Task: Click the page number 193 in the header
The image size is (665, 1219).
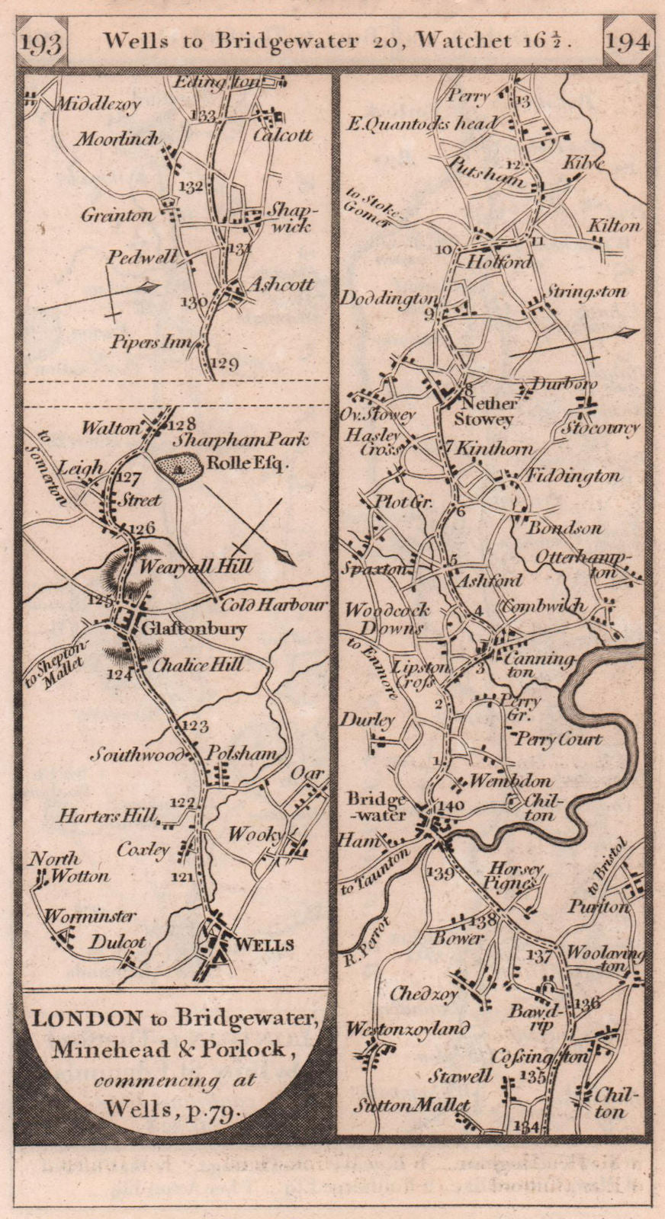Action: click(42, 43)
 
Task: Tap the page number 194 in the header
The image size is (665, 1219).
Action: click(627, 42)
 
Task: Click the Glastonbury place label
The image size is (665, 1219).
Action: click(193, 629)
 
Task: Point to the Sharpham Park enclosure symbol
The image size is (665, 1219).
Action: click(178, 466)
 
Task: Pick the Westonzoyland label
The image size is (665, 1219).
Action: click(407, 1029)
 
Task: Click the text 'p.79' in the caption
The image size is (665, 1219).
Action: click(219, 1109)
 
